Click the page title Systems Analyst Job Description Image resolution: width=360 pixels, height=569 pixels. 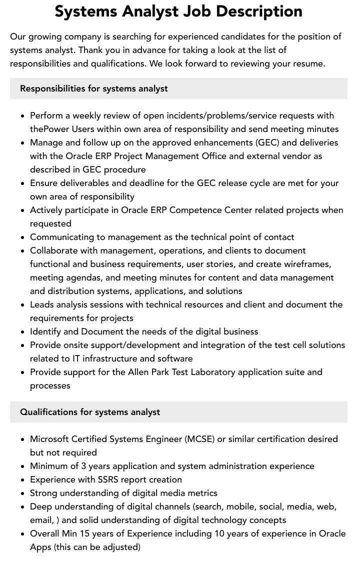[x=178, y=11]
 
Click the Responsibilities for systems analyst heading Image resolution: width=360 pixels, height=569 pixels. [x=94, y=88]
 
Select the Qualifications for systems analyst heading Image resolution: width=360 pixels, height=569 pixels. [x=90, y=412]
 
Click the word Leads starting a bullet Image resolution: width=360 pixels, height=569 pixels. [x=42, y=304]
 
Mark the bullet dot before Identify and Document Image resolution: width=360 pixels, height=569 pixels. [x=22, y=332]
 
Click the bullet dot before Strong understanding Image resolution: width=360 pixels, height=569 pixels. [x=22, y=493]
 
